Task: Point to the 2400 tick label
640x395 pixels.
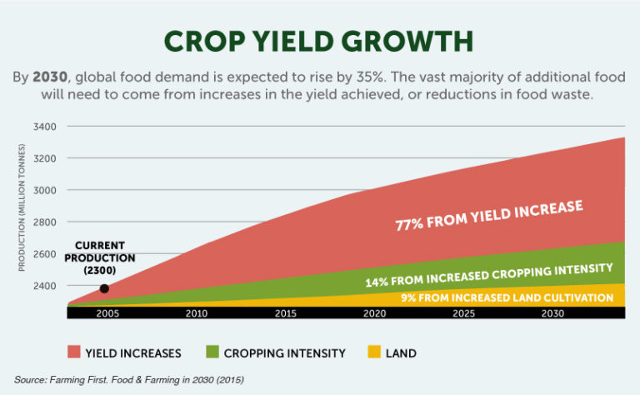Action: click(45, 286)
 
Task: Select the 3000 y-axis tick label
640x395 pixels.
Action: click(45, 190)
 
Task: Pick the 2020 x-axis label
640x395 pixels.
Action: click(375, 313)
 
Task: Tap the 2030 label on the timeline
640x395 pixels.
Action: click(552, 313)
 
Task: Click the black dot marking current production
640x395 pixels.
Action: click(104, 289)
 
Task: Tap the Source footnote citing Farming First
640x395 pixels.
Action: click(128, 379)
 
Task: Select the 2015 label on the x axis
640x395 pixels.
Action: click(286, 313)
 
